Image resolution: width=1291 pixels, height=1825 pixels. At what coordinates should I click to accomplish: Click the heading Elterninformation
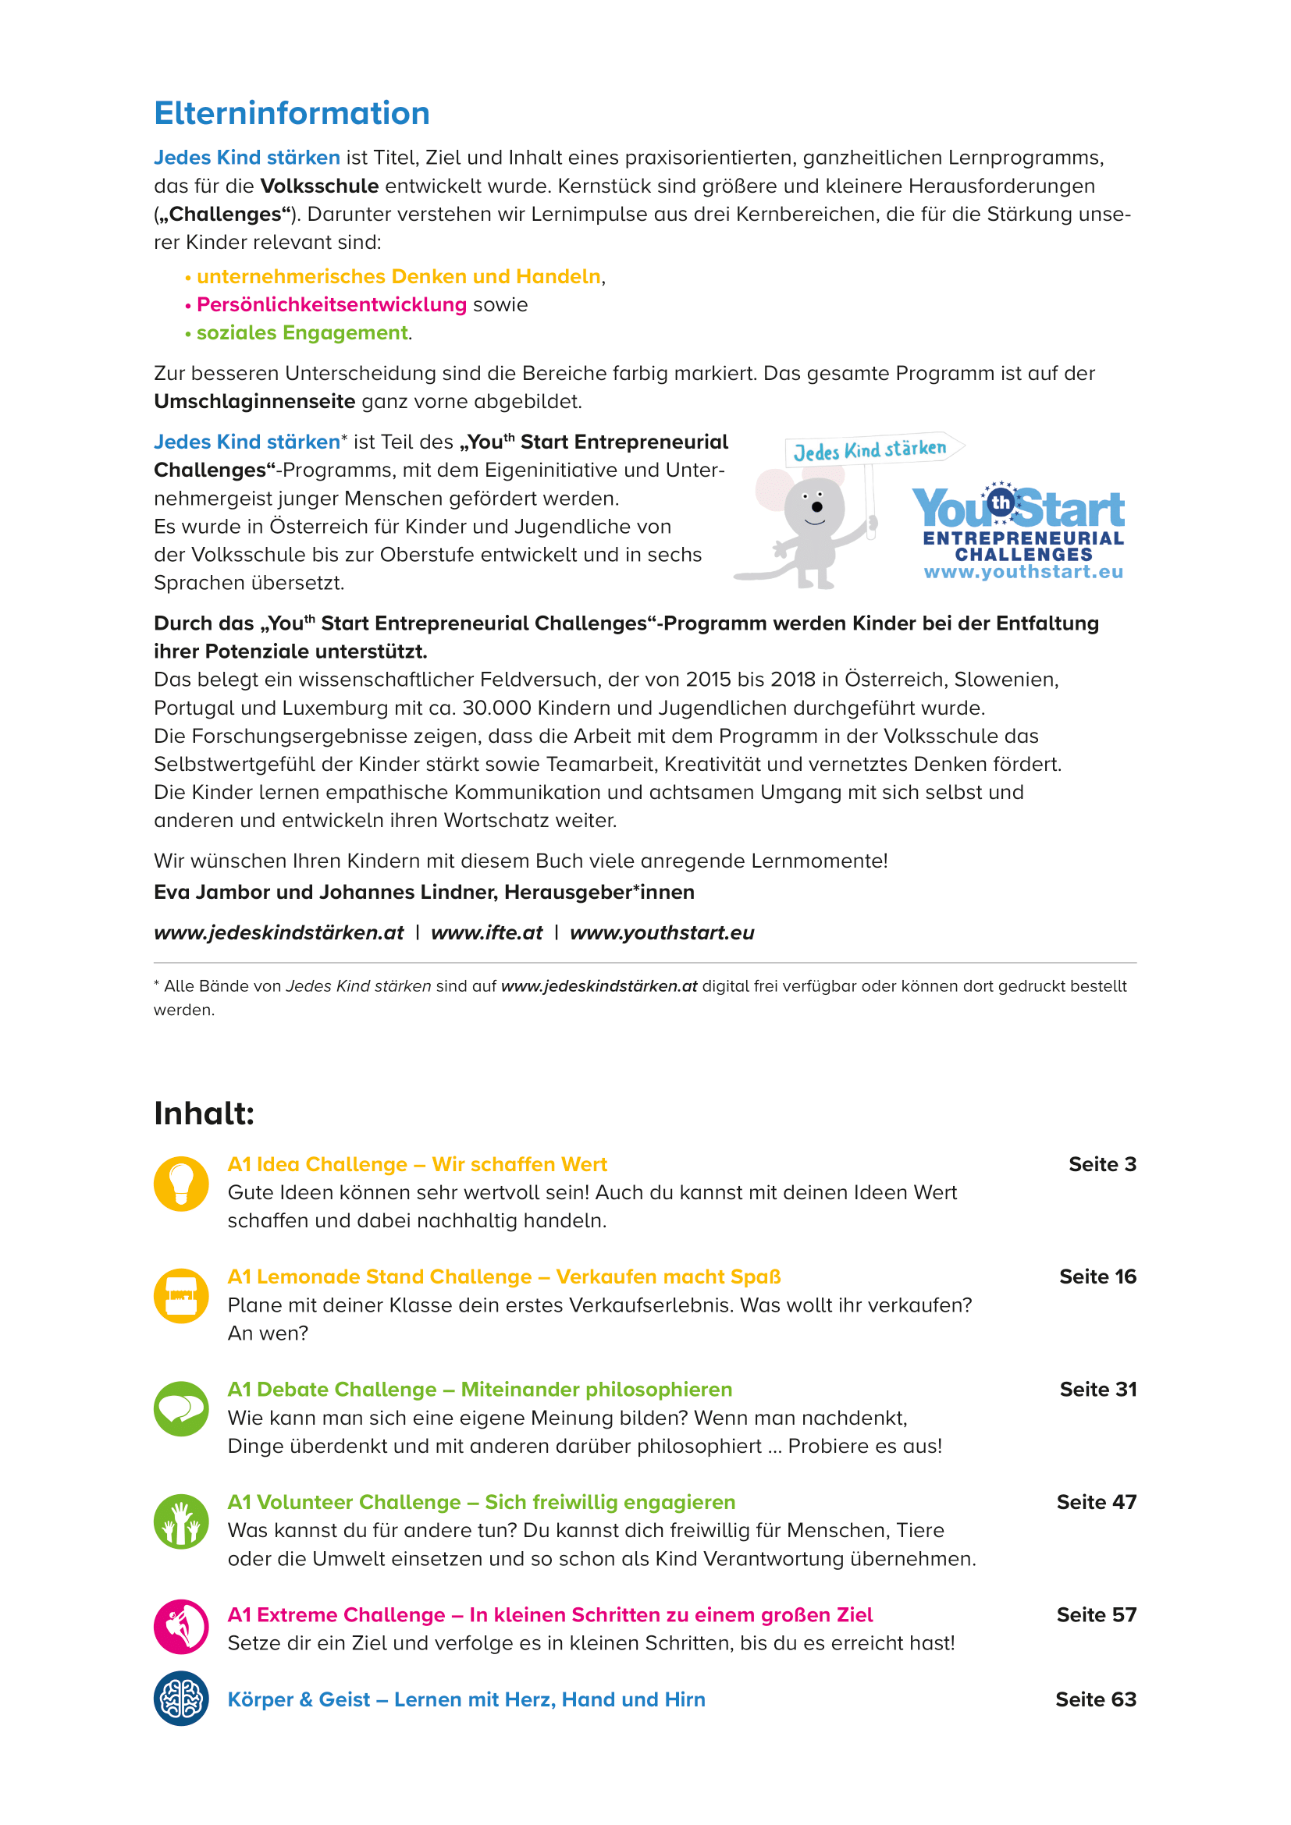[x=292, y=114]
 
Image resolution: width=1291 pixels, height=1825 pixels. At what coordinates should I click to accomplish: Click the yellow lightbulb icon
[x=181, y=1184]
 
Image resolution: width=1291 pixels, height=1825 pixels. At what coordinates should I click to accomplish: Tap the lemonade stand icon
[x=181, y=1296]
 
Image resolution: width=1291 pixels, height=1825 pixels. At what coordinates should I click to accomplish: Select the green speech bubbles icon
[x=181, y=1408]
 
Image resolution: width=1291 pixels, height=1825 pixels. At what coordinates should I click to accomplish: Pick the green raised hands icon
[x=181, y=1521]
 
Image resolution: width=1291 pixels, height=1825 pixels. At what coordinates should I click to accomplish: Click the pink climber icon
[x=181, y=1626]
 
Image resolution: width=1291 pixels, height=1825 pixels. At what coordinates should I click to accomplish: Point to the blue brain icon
[x=181, y=1699]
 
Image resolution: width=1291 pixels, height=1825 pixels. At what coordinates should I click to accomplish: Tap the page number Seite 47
[x=1096, y=1502]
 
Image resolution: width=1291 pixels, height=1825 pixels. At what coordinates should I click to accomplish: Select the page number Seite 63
[x=1095, y=1699]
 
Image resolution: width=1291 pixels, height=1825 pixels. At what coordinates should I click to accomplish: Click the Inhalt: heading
[x=204, y=1113]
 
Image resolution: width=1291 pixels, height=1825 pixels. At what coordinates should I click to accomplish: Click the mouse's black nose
[x=816, y=506]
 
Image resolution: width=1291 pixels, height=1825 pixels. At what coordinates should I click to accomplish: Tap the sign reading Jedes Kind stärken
[x=870, y=450]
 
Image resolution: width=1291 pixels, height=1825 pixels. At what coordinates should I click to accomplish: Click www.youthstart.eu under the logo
[x=1023, y=572]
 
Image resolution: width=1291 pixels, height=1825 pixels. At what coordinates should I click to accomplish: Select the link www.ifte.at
[x=486, y=932]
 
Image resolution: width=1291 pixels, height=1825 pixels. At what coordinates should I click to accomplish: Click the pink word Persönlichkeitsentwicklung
[x=332, y=304]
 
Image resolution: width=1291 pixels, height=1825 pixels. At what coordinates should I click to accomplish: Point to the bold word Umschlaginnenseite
[x=254, y=401]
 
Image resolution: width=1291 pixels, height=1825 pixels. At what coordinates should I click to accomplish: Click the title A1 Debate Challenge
[x=333, y=1390]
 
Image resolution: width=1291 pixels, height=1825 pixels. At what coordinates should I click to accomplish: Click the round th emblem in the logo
[x=1001, y=502]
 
